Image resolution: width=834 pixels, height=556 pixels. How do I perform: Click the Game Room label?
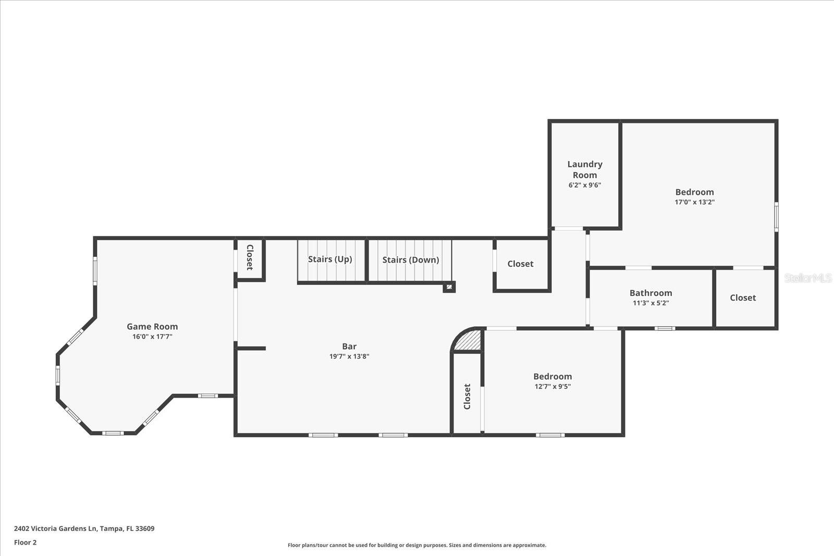[152, 326]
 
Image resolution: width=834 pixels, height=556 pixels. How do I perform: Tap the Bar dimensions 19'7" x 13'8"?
[349, 356]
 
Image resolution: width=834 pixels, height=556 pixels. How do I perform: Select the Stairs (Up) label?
[330, 259]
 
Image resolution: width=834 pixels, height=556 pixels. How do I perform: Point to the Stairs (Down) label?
[411, 260]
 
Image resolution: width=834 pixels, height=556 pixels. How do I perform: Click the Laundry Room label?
[585, 169]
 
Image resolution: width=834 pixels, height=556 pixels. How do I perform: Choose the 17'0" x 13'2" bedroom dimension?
[695, 202]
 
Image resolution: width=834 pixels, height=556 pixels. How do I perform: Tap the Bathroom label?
[651, 293]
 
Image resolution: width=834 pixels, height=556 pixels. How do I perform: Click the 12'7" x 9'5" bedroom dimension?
[553, 386]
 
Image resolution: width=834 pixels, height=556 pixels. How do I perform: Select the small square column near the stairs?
[449, 287]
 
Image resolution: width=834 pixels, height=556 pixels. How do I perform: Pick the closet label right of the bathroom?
[743, 298]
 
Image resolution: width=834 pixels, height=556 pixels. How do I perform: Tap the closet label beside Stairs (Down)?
[520, 264]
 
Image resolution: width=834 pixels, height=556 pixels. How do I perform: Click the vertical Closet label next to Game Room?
[250, 257]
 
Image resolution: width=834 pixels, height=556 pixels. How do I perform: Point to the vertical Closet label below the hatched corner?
[467, 397]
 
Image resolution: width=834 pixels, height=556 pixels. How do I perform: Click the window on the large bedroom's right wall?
[776, 217]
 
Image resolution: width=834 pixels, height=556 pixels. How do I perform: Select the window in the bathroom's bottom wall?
[665, 328]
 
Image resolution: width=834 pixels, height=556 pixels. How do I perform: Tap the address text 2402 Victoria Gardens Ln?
[55, 528]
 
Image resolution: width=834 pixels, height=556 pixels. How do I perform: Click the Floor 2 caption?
[26, 542]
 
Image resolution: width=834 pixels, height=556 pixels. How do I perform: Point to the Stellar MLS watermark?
[807, 278]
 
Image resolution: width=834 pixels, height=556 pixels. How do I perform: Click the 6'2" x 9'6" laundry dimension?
[585, 185]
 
